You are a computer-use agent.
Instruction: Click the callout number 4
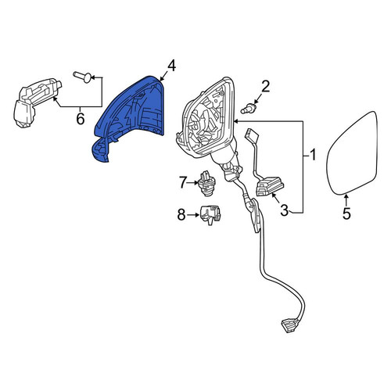pyautogui.click(x=171, y=66)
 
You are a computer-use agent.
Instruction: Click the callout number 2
pyautogui.click(x=266, y=87)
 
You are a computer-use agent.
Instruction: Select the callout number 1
pyautogui.click(x=313, y=155)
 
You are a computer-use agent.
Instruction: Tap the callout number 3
pyautogui.click(x=284, y=210)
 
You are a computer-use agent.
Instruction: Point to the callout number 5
pyautogui.click(x=346, y=213)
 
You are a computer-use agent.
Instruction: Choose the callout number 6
pyautogui.click(x=81, y=119)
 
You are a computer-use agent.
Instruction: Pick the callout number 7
pyautogui.click(x=183, y=182)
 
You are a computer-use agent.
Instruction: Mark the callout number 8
pyautogui.click(x=181, y=215)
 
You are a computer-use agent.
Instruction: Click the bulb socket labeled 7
pyautogui.click(x=207, y=183)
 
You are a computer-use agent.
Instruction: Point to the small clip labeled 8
pyautogui.click(x=210, y=215)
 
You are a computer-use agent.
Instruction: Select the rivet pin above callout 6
pyautogui.click(x=82, y=77)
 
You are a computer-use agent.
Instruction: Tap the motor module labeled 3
pyautogui.click(x=270, y=186)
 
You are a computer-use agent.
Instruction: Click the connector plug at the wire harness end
pyautogui.click(x=289, y=326)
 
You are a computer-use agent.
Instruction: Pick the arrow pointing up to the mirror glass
pyautogui.click(x=346, y=200)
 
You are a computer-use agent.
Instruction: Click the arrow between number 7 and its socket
pyautogui.click(x=193, y=183)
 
